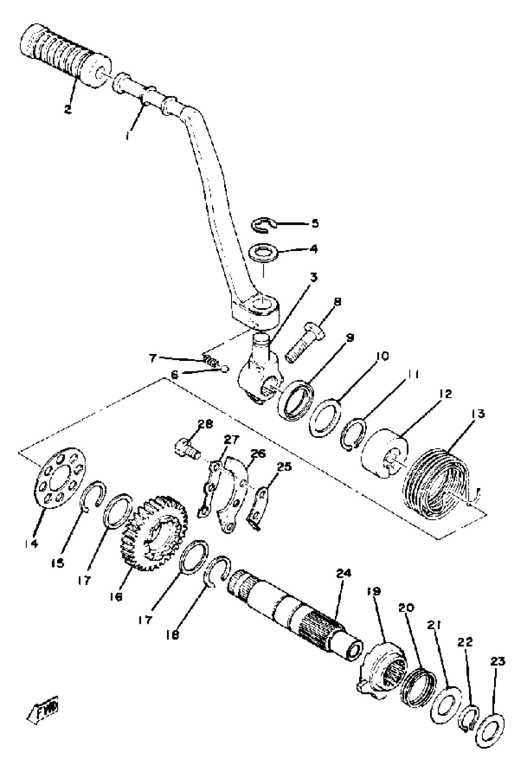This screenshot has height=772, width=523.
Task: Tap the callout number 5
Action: [x=314, y=223]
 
